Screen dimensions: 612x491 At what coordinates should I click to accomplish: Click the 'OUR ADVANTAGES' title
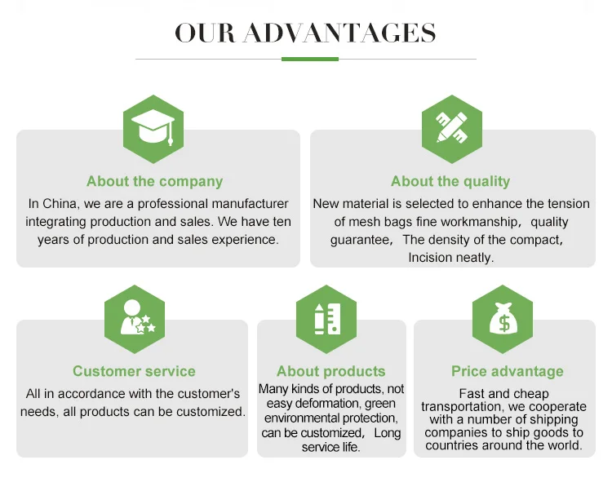(x=305, y=33)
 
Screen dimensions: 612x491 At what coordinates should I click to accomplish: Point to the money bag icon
(x=503, y=318)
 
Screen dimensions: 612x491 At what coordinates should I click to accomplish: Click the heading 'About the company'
(x=154, y=182)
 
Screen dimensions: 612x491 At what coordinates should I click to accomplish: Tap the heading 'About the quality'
(x=450, y=182)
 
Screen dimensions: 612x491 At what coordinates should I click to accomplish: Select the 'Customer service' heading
(x=134, y=372)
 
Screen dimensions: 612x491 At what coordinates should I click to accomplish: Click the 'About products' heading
(x=330, y=372)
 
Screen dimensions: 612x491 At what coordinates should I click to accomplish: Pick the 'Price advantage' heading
(x=508, y=372)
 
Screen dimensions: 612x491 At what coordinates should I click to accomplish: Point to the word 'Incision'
(x=433, y=258)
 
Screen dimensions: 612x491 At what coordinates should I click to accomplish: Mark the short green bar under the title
(x=309, y=59)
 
